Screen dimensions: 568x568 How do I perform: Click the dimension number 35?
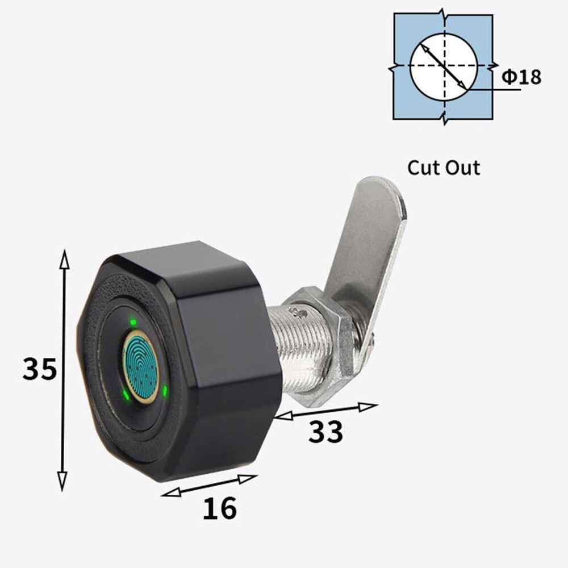[x=40, y=370]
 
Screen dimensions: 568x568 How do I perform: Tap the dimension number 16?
[x=219, y=508]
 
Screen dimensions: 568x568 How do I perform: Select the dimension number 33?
[x=325, y=432]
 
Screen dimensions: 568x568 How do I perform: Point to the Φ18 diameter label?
[x=521, y=77]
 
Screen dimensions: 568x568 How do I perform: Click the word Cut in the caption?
[x=424, y=168]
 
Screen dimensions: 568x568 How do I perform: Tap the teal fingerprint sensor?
[x=140, y=367]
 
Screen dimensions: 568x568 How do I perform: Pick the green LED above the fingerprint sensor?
[x=132, y=323]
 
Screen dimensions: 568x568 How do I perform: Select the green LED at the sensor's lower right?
[x=164, y=391]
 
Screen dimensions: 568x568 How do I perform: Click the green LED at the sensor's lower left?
[x=125, y=394]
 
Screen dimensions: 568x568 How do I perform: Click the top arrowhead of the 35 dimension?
[x=64, y=258]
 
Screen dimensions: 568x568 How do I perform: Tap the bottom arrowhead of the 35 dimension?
[x=62, y=481]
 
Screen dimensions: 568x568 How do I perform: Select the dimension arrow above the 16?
[x=209, y=486]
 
